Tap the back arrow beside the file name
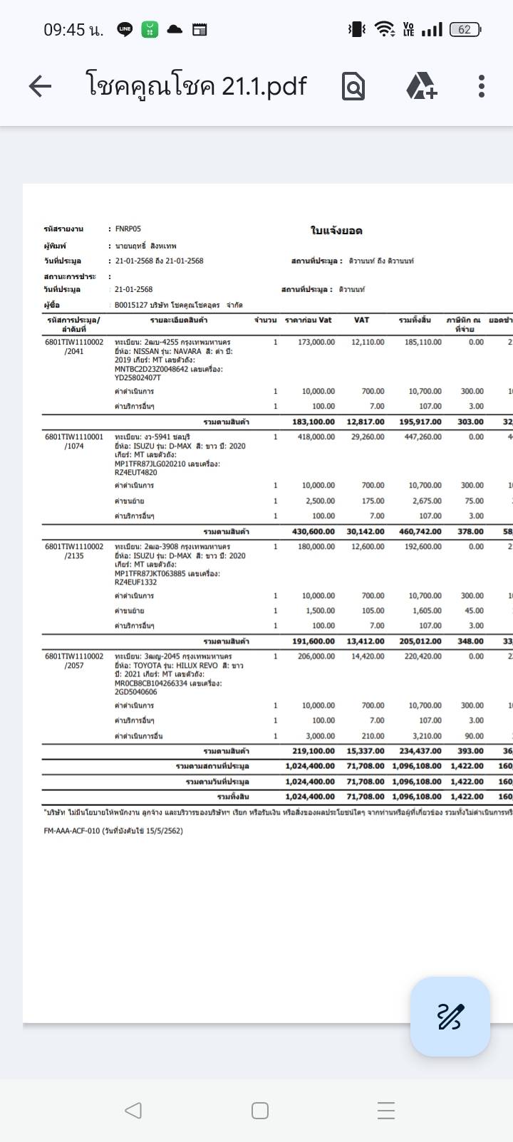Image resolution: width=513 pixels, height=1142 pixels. click(40, 86)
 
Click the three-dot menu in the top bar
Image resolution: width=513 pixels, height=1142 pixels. click(482, 86)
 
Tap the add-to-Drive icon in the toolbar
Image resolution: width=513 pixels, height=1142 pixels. click(421, 86)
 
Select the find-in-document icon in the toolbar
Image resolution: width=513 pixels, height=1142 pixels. click(353, 86)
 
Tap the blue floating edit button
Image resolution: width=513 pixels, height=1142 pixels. click(450, 1016)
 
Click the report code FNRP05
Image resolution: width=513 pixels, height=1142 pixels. click(128, 229)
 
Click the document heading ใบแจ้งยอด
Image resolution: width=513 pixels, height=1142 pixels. click(336, 231)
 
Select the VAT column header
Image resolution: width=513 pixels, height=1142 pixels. click(362, 320)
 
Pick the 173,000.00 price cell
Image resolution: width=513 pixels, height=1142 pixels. click(316, 342)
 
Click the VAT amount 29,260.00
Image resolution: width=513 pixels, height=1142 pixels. click(368, 437)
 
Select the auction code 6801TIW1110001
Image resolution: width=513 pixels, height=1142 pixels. click(74, 437)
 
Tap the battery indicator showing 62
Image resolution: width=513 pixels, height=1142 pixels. click(465, 30)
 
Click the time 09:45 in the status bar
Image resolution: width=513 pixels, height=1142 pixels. click(73, 30)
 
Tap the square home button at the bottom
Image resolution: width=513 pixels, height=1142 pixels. click(260, 1110)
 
